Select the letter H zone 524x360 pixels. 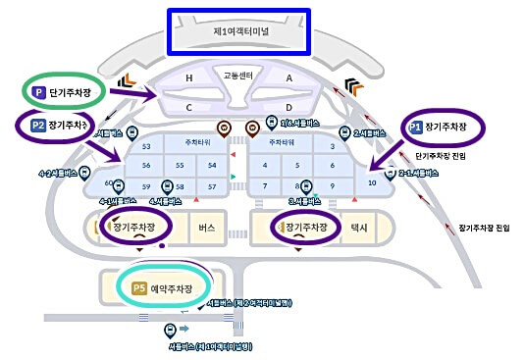coord(188,77)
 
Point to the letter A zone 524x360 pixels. coord(289,77)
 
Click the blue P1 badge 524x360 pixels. coord(415,128)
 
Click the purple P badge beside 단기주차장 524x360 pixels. coord(39,91)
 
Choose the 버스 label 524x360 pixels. coord(206,228)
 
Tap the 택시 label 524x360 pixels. coord(358,228)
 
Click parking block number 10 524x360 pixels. coord(371,182)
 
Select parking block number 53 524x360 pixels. coord(147,146)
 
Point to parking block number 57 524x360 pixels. coord(211,185)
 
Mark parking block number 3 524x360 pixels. coord(334,146)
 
